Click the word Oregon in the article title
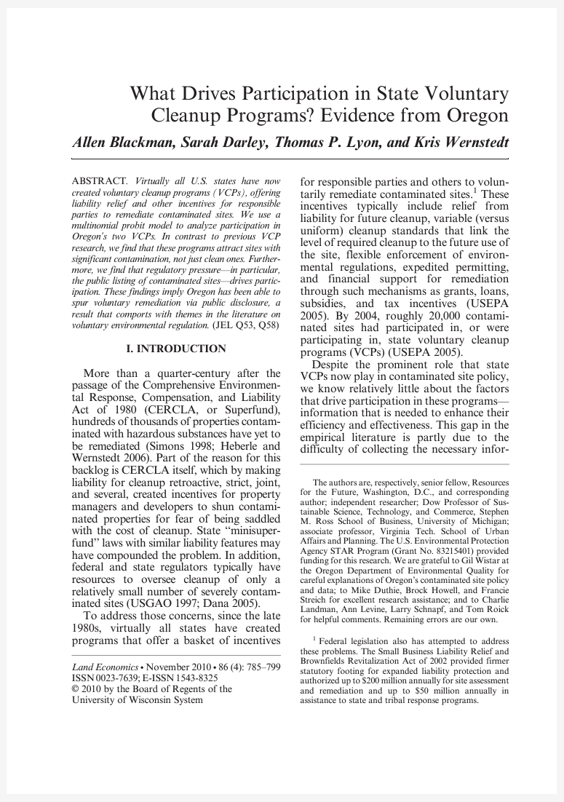click(473, 115)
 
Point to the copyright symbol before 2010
click(76, 688)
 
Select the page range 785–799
click(263, 667)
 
